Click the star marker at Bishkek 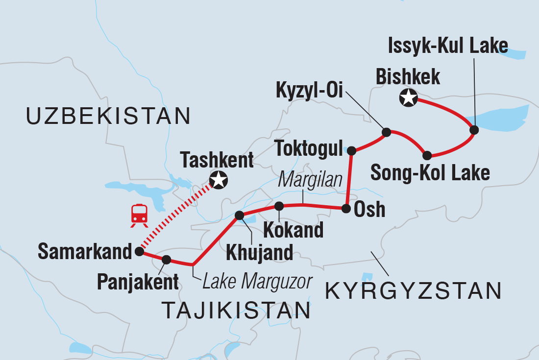tap(408, 98)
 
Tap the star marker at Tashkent tap(218, 181)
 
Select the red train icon tap(139, 216)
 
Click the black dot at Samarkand tap(139, 252)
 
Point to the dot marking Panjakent tap(166, 260)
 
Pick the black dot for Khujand tap(240, 215)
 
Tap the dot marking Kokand tap(279, 206)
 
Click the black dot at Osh tap(346, 209)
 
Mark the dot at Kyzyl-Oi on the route tap(386, 132)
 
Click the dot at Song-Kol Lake tap(427, 156)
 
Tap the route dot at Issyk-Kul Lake tap(474, 130)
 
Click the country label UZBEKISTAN tap(108, 116)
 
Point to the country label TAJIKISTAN tap(236, 311)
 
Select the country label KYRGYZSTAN tap(413, 291)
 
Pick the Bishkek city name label tap(408, 77)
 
